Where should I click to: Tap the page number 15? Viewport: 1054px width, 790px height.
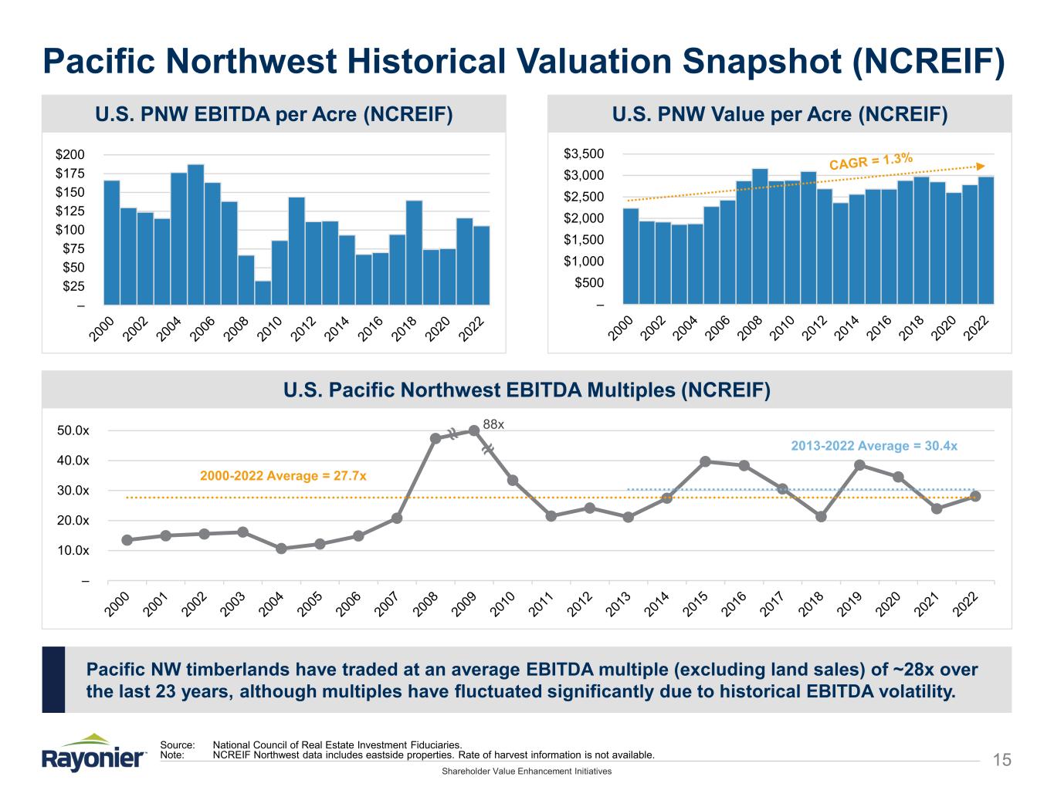click(1001, 761)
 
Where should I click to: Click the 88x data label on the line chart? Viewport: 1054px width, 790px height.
click(493, 424)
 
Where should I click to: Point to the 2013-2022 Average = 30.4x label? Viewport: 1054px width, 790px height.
click(874, 446)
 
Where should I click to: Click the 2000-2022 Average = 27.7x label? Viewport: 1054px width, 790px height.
click(283, 475)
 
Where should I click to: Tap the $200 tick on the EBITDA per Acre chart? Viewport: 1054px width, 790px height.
click(70, 154)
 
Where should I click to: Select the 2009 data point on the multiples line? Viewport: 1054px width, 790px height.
click(474, 430)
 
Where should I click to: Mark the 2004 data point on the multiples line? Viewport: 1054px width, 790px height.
click(281, 549)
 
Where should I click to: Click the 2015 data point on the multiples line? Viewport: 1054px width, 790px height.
click(705, 461)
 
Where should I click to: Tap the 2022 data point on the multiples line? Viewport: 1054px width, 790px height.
click(975, 496)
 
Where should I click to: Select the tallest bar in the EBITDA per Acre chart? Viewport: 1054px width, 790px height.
click(196, 235)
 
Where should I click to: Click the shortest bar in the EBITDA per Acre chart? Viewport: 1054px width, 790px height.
click(263, 292)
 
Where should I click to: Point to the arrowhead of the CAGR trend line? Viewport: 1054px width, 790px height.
click(981, 165)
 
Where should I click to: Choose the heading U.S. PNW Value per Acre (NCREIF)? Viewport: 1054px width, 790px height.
click(779, 115)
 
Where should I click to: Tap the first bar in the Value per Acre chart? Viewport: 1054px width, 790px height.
click(631, 256)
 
